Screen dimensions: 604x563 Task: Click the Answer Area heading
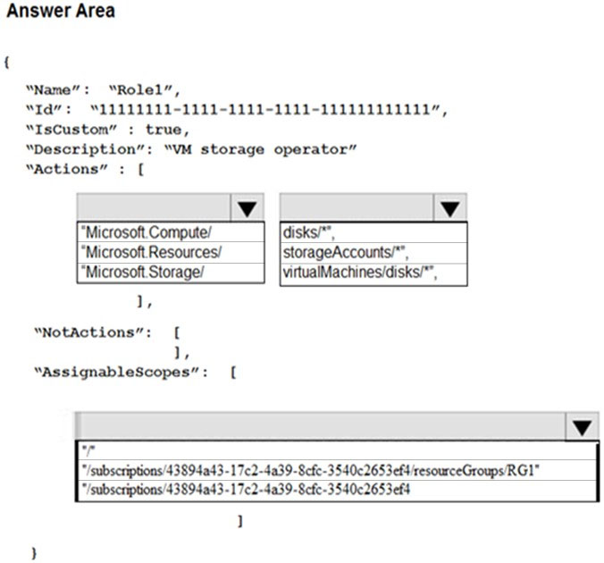pyautogui.click(x=61, y=11)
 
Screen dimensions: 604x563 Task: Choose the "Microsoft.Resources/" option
pyautogui.click(x=151, y=252)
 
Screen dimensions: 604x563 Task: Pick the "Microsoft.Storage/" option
pyautogui.click(x=142, y=272)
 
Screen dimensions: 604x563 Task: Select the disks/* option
pyautogui.click(x=308, y=232)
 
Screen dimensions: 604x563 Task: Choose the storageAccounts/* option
pyautogui.click(x=346, y=252)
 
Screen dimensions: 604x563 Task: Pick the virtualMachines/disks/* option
pyautogui.click(x=360, y=272)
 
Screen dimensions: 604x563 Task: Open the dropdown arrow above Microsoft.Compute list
pyautogui.click(x=247, y=208)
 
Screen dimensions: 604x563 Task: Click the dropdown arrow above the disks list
pyautogui.click(x=449, y=208)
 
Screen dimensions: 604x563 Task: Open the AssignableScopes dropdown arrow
pyautogui.click(x=582, y=426)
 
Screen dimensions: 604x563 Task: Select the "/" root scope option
pyautogui.click(x=88, y=450)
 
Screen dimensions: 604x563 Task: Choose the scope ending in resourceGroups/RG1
pyautogui.click(x=310, y=470)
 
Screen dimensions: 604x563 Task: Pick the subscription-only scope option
pyautogui.click(x=246, y=490)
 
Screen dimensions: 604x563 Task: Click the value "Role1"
pyautogui.click(x=145, y=90)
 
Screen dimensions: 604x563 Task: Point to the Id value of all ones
pyautogui.click(x=269, y=110)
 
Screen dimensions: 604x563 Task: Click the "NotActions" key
pyautogui.click(x=93, y=332)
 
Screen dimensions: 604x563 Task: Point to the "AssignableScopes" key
pyautogui.click(x=121, y=373)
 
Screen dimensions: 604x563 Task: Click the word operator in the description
pyautogui.click(x=315, y=149)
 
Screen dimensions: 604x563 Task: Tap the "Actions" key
pyautogui.click(x=67, y=169)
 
